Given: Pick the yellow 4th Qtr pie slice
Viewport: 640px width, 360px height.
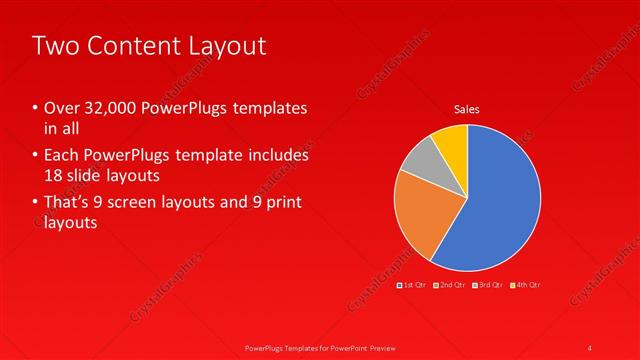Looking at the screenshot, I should tap(452, 141).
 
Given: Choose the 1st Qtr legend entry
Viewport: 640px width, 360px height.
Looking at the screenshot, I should tap(413, 285).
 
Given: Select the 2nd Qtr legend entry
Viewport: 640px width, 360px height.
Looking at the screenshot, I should tap(451, 285).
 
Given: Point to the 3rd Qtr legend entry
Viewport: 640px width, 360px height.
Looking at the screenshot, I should tap(488, 285).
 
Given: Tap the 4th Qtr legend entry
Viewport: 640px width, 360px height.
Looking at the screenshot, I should tap(525, 285).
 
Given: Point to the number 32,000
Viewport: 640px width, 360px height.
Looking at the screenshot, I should tap(110, 108).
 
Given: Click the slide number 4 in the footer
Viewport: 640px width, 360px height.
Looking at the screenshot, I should tap(590, 347).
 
